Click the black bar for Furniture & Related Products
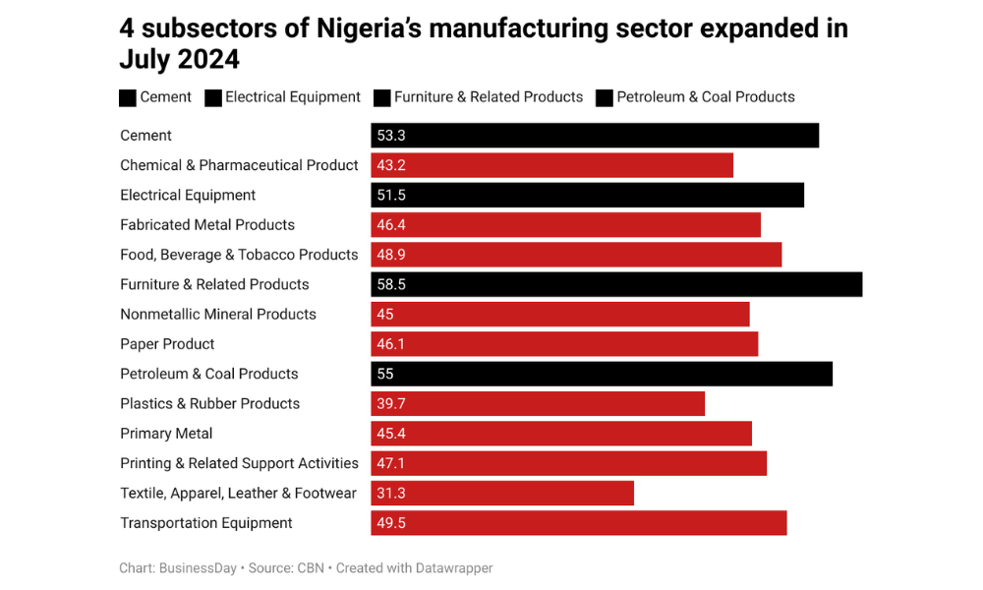pos(616,284)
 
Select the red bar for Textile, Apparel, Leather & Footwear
pos(502,493)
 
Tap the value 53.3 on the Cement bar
pos(391,136)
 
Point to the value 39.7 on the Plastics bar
pos(391,404)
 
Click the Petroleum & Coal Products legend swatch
pos(603,97)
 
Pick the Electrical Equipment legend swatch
pos(212,97)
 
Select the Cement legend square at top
pos(128,97)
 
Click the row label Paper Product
pos(167,344)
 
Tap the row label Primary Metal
pos(166,434)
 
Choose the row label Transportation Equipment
pos(206,523)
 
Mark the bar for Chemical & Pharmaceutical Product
pos(551,165)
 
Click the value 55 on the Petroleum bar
pos(385,374)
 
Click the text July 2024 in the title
pos(179,60)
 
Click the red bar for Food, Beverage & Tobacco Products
pos(576,255)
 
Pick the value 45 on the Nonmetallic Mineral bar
pos(385,315)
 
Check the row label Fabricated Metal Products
pos(207,225)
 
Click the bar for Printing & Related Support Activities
pos(568,463)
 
